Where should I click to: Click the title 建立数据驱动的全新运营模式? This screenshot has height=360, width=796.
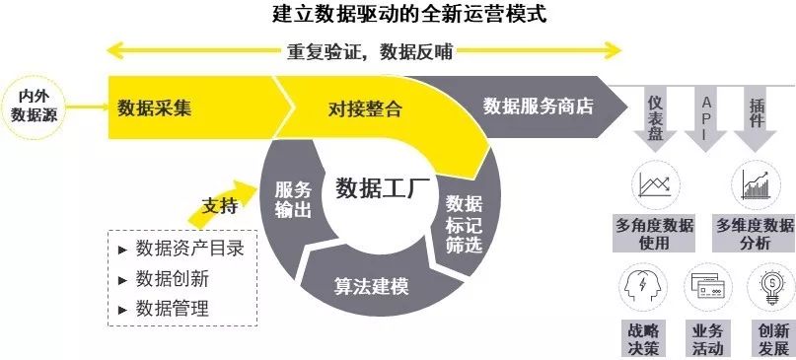pos(408,14)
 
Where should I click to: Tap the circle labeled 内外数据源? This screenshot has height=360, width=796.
pos(34,108)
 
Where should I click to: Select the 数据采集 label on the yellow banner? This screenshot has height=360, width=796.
pos(154,108)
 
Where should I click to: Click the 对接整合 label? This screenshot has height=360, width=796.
pos(365,108)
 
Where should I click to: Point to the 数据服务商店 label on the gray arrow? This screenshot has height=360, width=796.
pos(539,107)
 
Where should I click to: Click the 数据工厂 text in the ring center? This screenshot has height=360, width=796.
pos(379,188)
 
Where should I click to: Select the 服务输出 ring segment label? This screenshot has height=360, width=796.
pos(293,199)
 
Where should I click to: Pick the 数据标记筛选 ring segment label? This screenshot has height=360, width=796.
pos(464,225)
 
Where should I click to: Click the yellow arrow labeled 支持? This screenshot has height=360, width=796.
pos(221,204)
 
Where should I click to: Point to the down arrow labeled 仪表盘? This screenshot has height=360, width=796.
pos(655,119)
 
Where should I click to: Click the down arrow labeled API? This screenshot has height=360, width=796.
pos(706,119)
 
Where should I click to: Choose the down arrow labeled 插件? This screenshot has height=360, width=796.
pos(756,119)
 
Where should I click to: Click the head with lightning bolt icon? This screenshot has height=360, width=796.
pos(643,287)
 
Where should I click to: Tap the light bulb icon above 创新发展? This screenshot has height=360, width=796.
pos(772,287)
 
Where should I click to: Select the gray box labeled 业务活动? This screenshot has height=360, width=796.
pos(707,339)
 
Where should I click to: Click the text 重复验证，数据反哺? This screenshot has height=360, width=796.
pos(369,51)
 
